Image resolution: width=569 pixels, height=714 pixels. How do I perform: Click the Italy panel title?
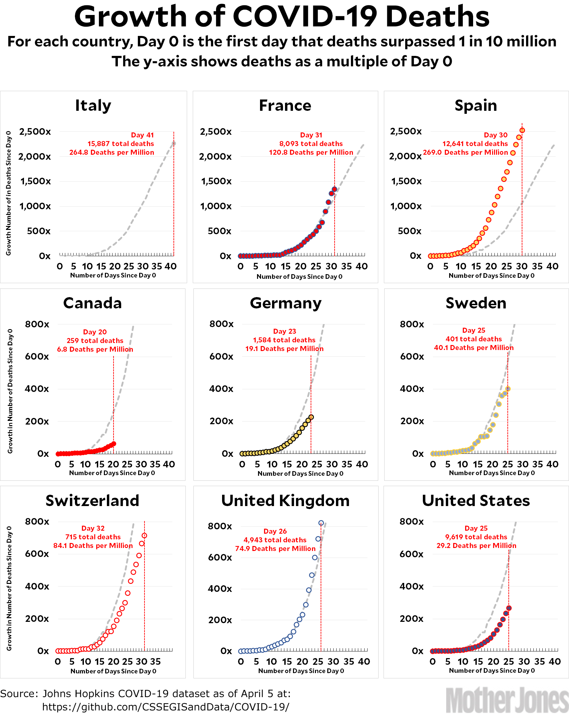[93, 105]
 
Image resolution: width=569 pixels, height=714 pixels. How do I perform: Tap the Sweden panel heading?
[476, 303]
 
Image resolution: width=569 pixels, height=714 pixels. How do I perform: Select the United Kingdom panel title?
[285, 501]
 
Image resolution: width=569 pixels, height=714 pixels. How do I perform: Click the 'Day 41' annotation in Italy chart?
[142, 135]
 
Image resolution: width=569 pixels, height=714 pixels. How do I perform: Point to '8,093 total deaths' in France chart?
[311, 144]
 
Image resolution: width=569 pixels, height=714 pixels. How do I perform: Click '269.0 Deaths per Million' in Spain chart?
[465, 152]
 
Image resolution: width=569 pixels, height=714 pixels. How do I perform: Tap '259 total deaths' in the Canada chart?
[95, 341]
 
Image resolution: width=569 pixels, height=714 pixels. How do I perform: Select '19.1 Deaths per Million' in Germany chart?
[284, 349]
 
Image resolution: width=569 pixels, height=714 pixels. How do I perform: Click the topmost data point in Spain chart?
[522, 130]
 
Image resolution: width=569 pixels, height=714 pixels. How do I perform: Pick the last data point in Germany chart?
[311, 417]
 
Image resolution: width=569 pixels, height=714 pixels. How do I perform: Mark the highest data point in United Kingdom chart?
[321, 523]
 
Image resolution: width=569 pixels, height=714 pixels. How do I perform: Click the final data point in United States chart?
[509, 608]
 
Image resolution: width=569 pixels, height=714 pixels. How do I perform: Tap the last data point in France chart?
[334, 189]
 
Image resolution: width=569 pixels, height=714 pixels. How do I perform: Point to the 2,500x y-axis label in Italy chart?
[35, 132]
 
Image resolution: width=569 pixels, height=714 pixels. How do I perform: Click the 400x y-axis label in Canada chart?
[37, 389]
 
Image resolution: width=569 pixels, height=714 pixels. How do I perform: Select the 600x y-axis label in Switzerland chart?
[37, 554]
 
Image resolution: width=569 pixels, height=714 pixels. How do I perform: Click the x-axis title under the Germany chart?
[300, 473]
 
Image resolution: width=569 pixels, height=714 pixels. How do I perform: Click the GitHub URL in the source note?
[165, 707]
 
